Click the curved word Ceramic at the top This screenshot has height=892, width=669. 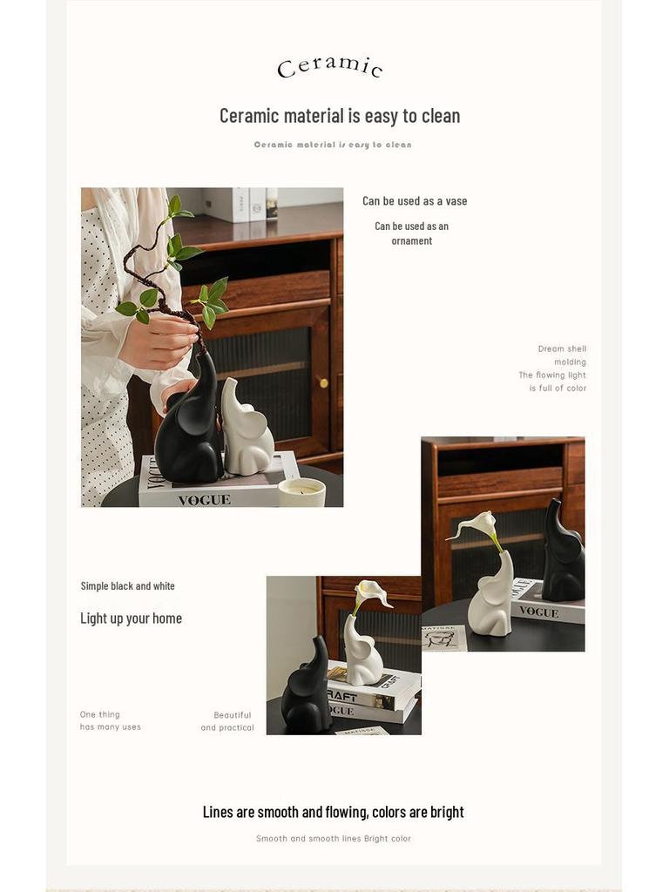pyautogui.click(x=330, y=66)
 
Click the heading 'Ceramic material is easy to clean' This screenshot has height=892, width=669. pyautogui.click(x=340, y=116)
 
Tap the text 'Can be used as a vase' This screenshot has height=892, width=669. pyautogui.click(x=415, y=201)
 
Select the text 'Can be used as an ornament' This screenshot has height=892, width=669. pyautogui.click(x=412, y=233)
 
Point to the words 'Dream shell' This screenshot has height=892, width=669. pyautogui.click(x=562, y=349)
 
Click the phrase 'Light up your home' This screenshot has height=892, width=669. pyautogui.click(x=131, y=618)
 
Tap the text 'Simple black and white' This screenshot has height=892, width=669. pyautogui.click(x=128, y=586)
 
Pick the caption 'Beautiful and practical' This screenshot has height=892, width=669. pyautogui.click(x=229, y=721)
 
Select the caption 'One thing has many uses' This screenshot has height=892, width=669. pyautogui.click(x=110, y=720)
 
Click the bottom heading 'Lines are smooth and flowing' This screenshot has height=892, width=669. pyautogui.click(x=333, y=812)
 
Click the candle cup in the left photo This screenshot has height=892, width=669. pyautogui.click(x=301, y=492)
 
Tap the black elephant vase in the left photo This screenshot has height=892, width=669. pyautogui.click(x=189, y=427)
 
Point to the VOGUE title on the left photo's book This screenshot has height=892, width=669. pyautogui.click(x=204, y=500)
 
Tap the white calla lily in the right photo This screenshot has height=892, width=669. pyautogui.click(x=478, y=525)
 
